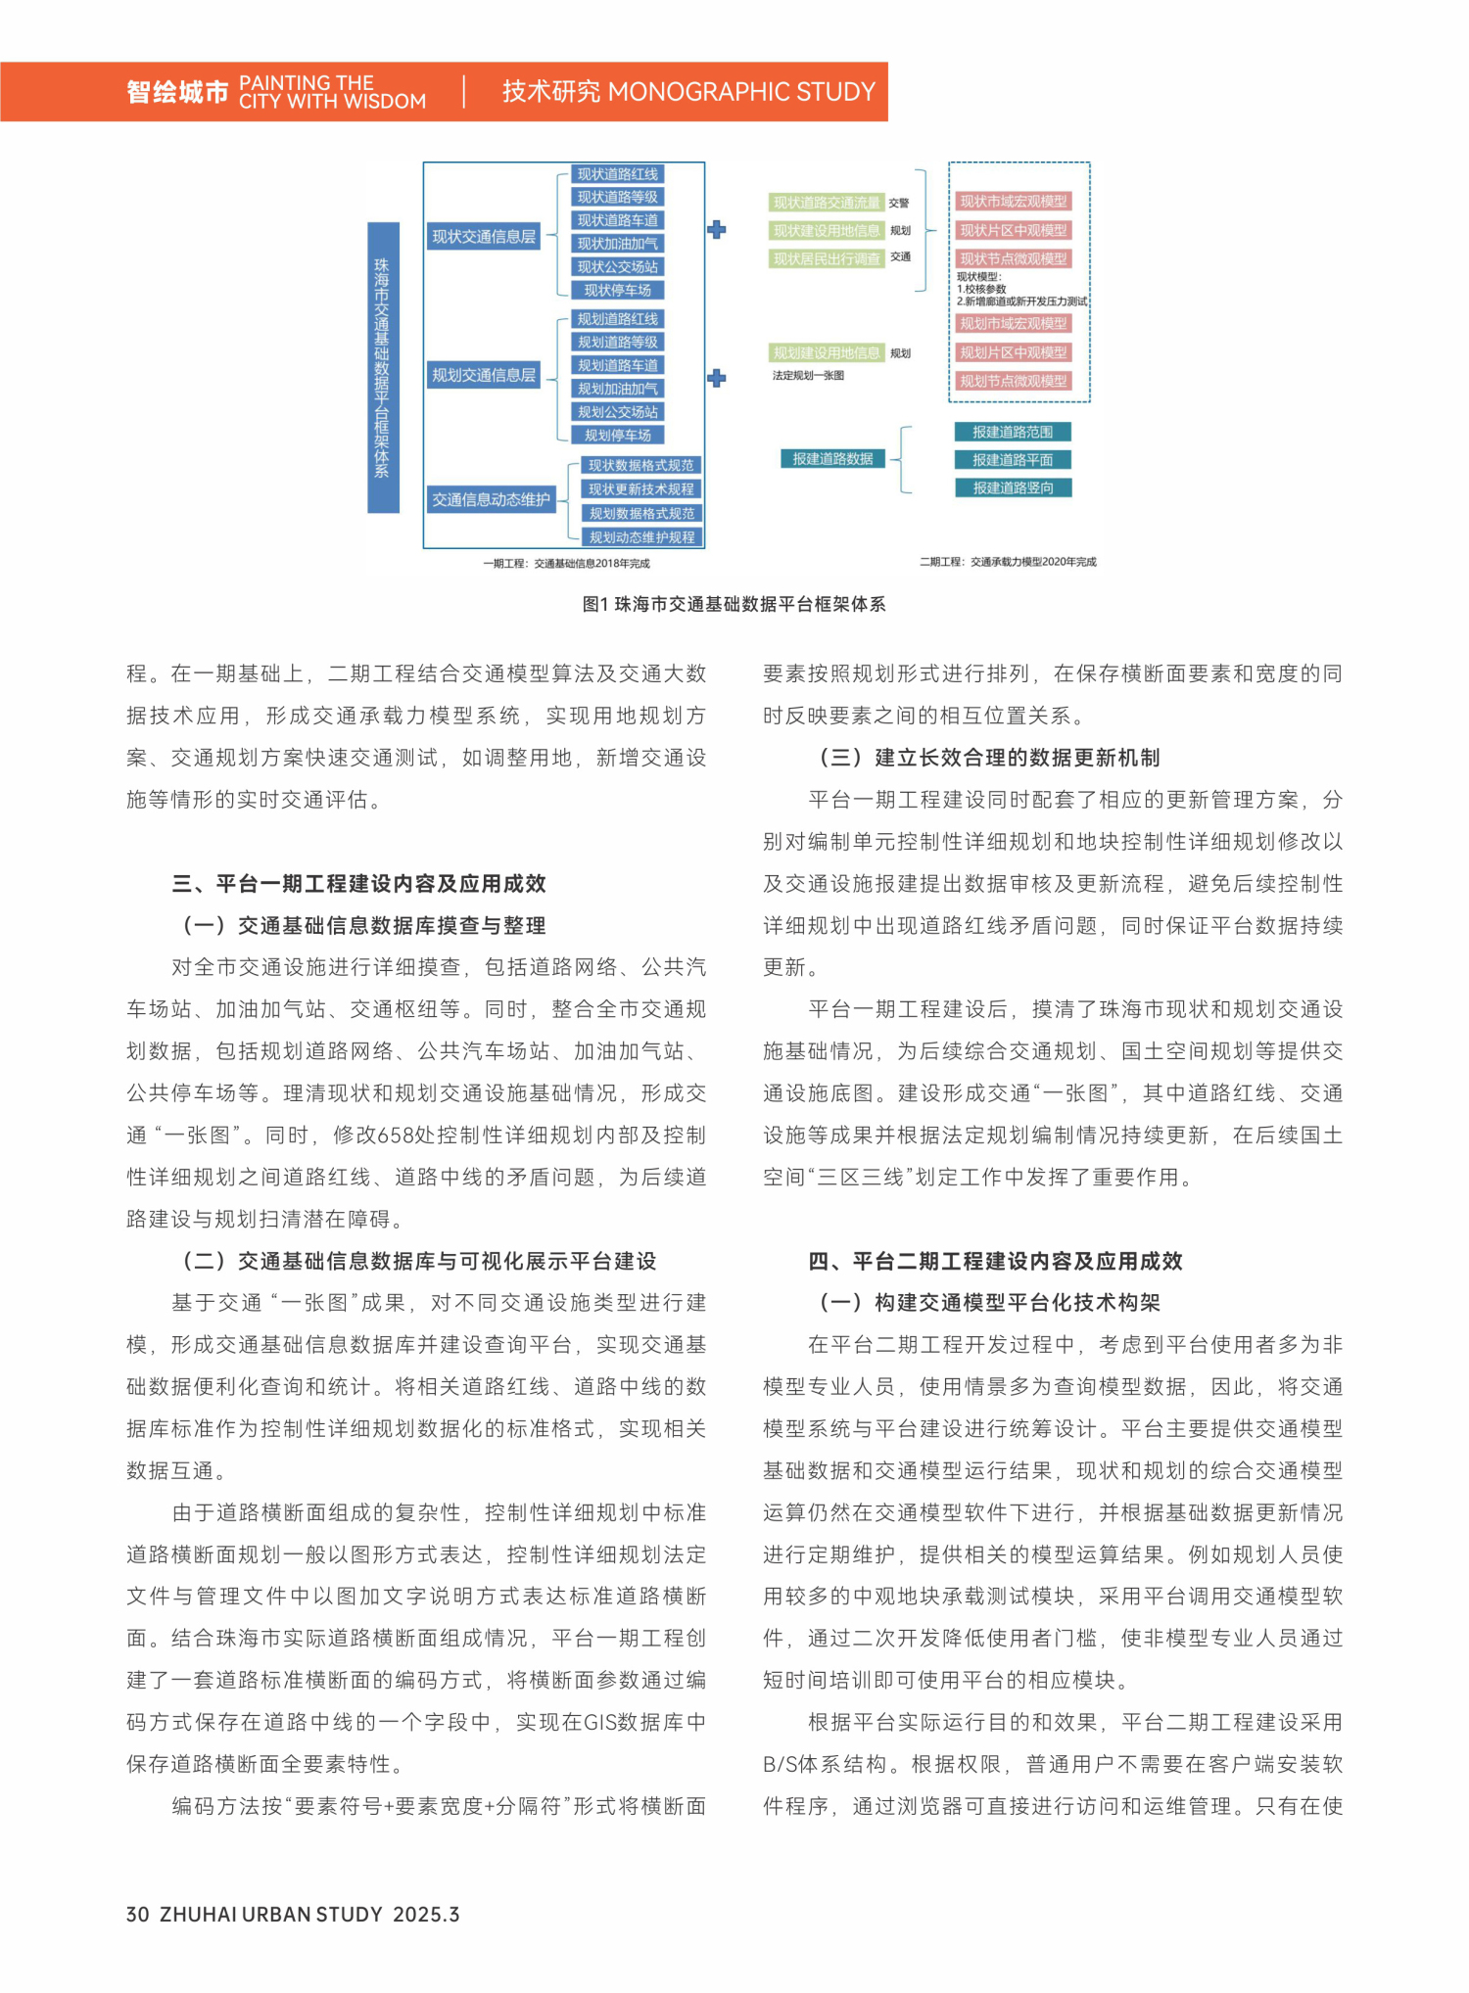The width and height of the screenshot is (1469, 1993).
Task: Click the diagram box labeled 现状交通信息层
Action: tap(484, 237)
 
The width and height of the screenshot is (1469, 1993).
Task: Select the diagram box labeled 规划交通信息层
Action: tap(484, 375)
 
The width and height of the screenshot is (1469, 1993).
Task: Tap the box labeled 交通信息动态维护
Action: tap(491, 499)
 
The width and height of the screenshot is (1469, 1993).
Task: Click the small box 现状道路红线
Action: tap(617, 174)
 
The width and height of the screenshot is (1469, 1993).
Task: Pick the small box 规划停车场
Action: tap(617, 436)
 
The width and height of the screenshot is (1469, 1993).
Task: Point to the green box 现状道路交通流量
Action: tap(827, 203)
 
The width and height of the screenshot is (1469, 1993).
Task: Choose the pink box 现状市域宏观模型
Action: tap(1013, 202)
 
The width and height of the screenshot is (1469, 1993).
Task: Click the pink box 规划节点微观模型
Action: tap(1013, 381)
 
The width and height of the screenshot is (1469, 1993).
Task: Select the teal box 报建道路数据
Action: tap(832, 458)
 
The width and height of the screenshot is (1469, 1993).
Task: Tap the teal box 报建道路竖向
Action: tap(1013, 487)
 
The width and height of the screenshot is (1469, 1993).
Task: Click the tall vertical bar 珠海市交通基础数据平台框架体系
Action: tap(382, 367)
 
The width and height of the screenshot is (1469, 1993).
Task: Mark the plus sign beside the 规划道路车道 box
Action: tap(717, 378)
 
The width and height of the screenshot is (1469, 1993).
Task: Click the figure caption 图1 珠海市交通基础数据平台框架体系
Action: tap(734, 604)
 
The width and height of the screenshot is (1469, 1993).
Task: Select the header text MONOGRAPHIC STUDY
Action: tap(741, 92)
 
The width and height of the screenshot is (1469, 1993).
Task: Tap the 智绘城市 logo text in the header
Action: tap(177, 93)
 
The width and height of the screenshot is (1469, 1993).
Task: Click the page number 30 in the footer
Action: tap(137, 1914)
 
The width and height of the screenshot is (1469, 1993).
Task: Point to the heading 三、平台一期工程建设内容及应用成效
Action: tap(358, 884)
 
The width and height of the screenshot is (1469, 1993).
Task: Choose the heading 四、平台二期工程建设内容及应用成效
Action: tap(995, 1261)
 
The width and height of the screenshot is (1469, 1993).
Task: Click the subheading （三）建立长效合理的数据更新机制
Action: tap(989, 758)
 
